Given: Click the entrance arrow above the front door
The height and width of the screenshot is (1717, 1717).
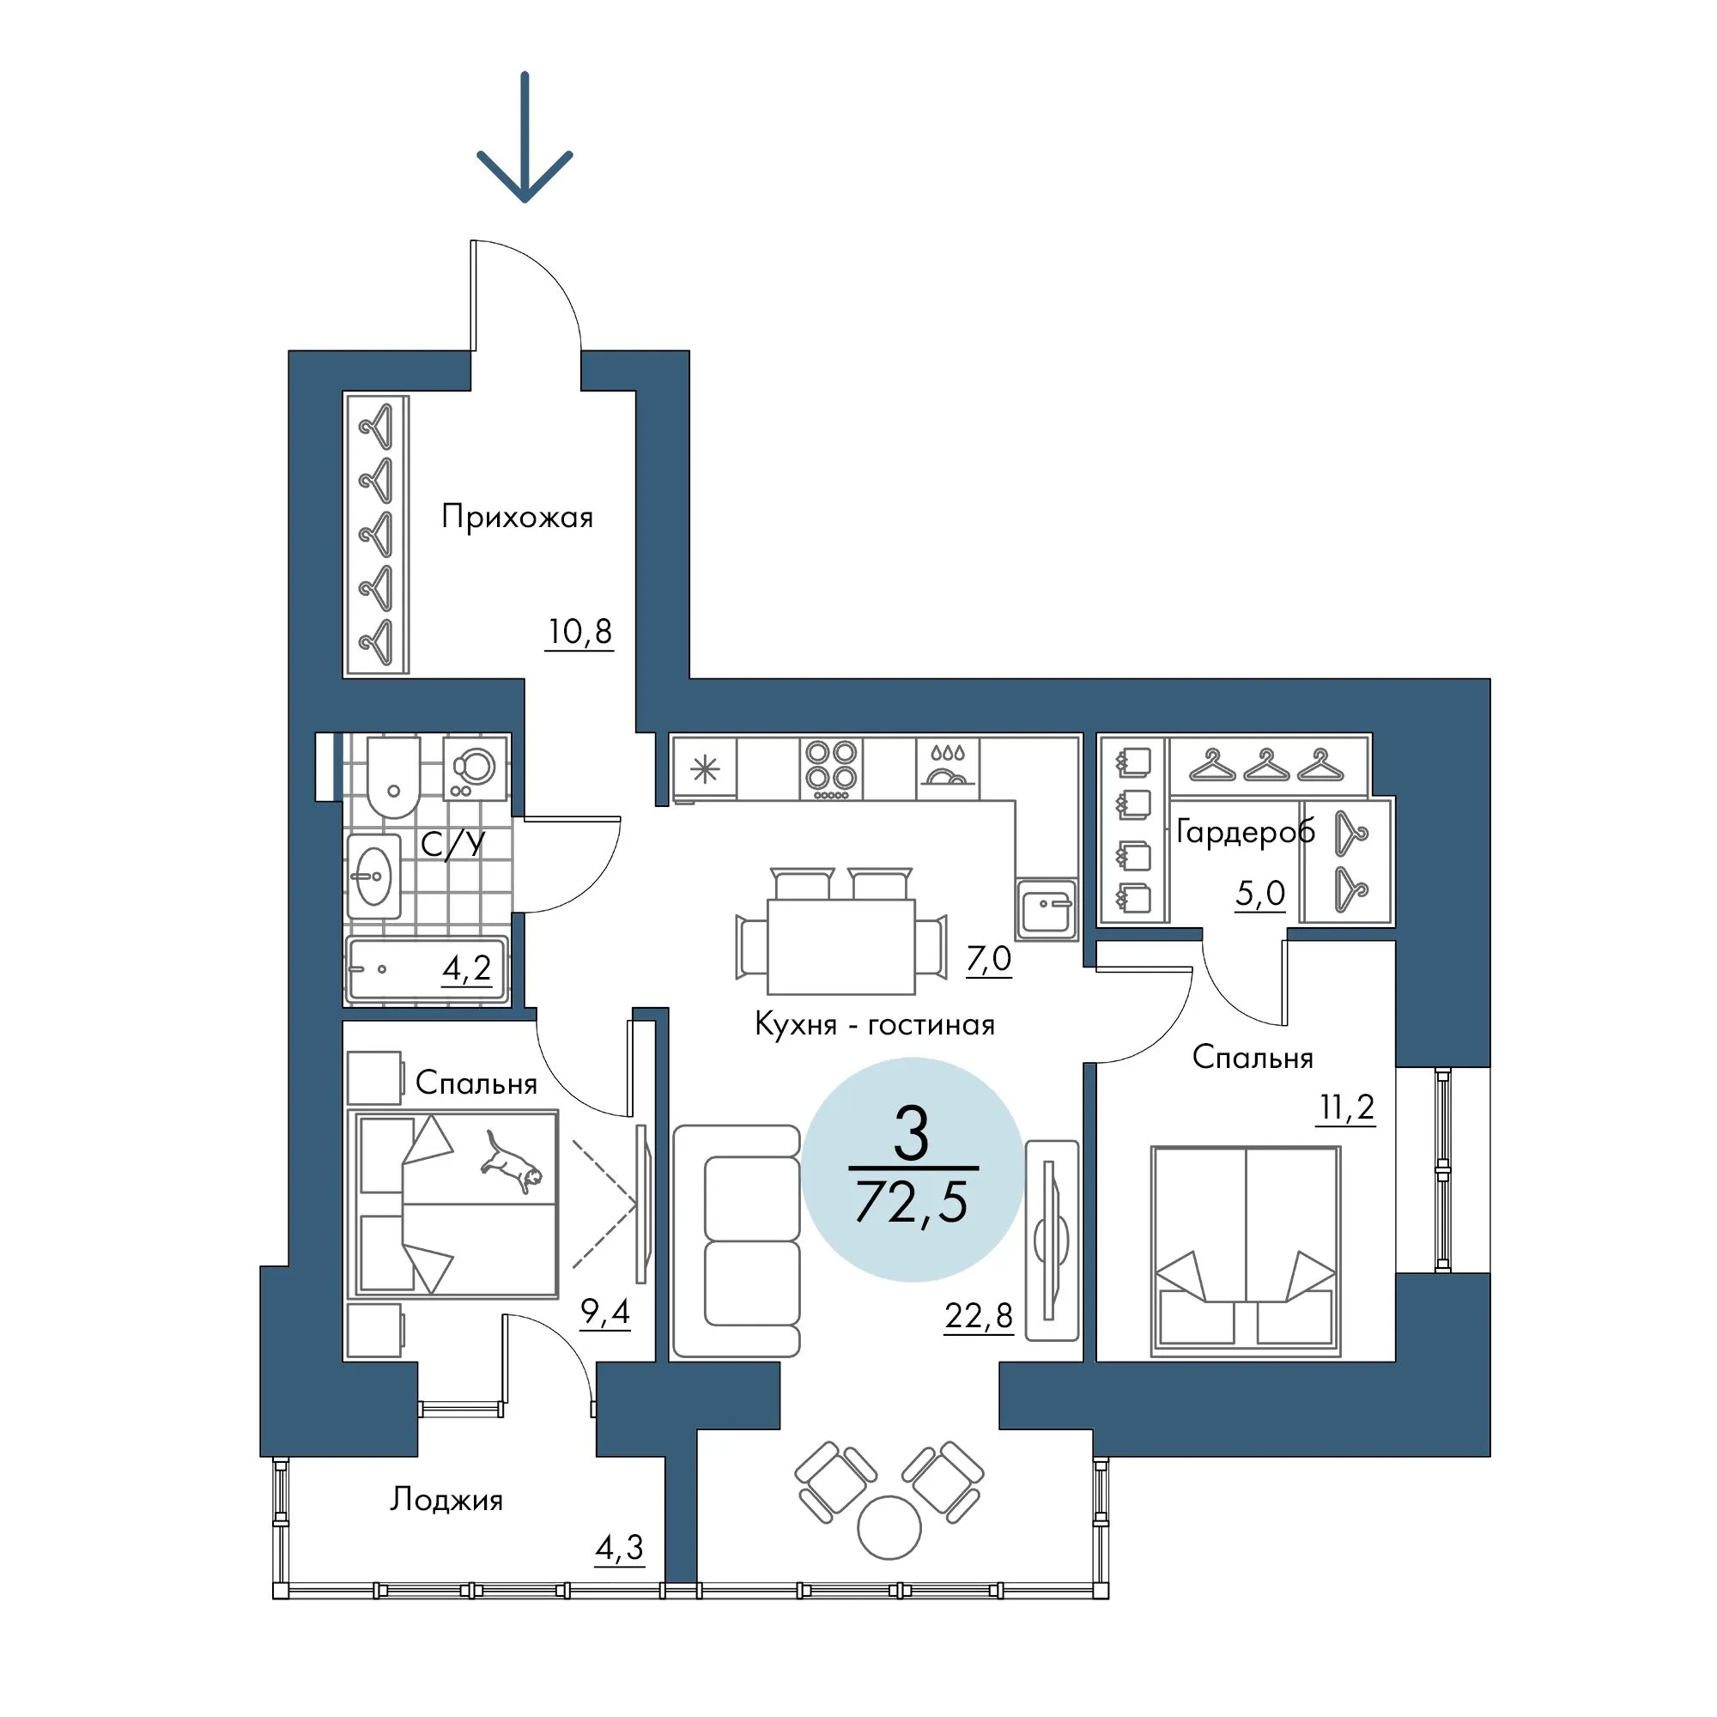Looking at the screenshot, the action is (x=525, y=137).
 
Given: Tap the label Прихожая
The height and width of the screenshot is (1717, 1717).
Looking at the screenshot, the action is (x=517, y=517).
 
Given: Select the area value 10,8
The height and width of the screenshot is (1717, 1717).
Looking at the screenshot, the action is (x=579, y=632).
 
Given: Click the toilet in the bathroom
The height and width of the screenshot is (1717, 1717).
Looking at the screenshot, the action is (x=392, y=776).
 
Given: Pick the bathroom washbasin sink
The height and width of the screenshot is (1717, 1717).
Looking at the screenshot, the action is (x=374, y=876).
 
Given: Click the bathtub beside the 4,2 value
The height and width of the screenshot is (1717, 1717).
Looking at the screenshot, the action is (x=428, y=969).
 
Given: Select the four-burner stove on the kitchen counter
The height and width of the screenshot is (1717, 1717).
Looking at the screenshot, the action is (x=831, y=767).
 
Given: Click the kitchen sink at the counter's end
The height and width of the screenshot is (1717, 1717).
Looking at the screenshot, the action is (x=1046, y=909).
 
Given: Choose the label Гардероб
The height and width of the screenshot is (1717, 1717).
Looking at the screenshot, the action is (x=1245, y=832).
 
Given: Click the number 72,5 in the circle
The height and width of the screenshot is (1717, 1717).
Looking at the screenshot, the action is (x=912, y=1203).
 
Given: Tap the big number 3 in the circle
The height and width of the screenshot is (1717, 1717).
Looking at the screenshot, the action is (x=912, y=1135).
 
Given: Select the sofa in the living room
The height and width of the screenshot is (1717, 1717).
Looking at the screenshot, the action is (x=737, y=1241).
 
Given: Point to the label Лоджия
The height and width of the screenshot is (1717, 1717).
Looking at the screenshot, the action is (x=446, y=1500).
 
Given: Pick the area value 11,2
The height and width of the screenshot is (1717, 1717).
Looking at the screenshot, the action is (x=1347, y=1107).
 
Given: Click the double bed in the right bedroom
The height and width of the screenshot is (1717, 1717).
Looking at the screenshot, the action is (x=1245, y=1252).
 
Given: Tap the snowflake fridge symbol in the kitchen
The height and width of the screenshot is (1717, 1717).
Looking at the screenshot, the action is (x=705, y=768).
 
